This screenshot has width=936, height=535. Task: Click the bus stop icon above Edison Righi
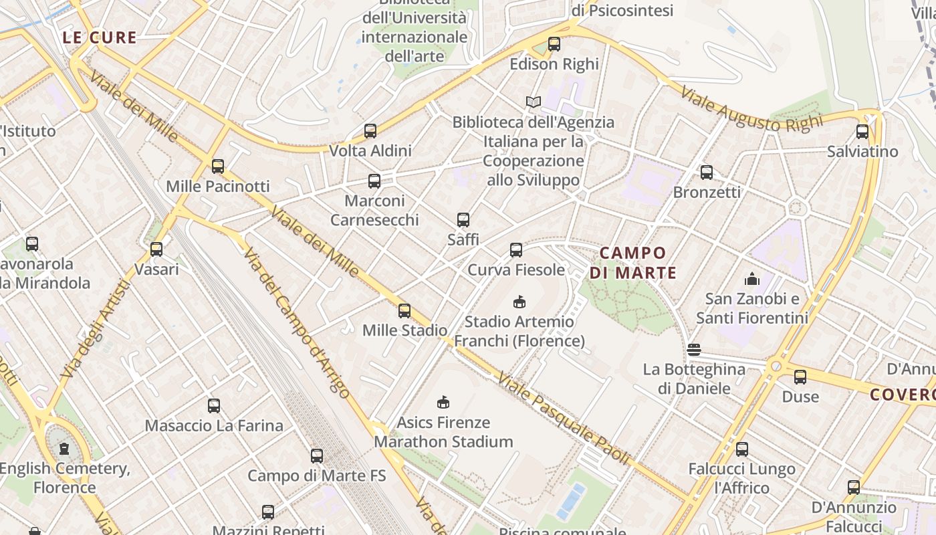point(554,44)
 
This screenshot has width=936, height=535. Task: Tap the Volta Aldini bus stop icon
point(370,130)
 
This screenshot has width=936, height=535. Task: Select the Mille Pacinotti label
point(218,186)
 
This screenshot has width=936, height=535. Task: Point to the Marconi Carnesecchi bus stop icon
point(374,181)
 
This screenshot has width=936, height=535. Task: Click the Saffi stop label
point(463,239)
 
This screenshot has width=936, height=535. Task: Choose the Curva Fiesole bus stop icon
point(516,250)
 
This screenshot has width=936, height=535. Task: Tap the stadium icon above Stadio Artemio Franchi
point(519,302)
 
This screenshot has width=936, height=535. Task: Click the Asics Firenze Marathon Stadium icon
point(443,402)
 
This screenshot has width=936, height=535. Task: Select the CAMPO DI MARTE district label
point(633,263)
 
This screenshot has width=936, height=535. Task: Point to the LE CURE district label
point(100,38)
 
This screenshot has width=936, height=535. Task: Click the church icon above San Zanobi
point(752,279)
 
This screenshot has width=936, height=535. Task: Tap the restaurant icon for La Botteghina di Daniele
point(694,350)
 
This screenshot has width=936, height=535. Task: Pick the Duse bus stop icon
point(800,377)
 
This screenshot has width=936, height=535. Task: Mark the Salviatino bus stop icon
point(862,132)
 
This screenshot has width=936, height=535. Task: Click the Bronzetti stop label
point(707,192)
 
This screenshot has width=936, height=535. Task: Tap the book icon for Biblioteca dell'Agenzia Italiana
point(533,102)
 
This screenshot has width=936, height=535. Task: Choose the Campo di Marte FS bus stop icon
point(317,456)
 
